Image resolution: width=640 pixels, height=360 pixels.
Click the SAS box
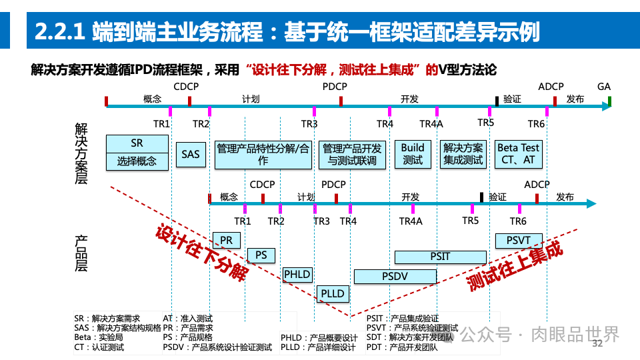190,154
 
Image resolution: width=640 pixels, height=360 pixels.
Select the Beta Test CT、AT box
519,154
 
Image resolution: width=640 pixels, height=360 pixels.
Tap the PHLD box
297,274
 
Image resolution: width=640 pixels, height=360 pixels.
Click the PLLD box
333,293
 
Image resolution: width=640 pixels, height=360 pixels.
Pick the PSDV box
395,276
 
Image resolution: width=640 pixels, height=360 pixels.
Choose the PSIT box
440,257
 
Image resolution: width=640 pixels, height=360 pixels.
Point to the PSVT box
519,240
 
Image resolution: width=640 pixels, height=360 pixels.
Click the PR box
226,240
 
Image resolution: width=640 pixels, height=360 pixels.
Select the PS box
261,255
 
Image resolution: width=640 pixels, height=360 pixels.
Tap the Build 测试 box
413,154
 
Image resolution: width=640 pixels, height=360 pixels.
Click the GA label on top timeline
604,87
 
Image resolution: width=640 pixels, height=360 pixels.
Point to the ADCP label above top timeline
551,87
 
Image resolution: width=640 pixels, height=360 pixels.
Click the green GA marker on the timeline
609,101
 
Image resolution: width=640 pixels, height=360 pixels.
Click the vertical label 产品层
81,253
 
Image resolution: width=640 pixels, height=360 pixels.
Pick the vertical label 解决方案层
81,153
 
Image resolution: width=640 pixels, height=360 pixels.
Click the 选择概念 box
137,161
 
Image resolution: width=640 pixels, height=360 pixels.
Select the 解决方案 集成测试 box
463,154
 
